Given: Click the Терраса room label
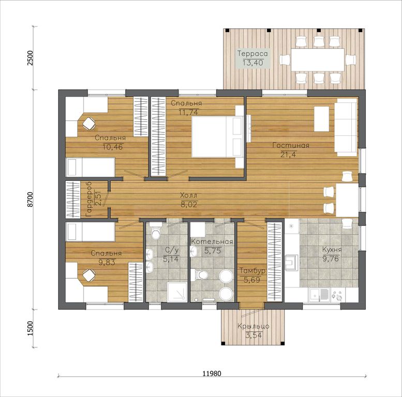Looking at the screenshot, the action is click(252, 54).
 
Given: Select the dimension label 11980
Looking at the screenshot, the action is click(212, 373).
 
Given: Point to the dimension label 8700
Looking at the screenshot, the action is click(30, 199).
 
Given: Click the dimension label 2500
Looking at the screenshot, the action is click(30, 58).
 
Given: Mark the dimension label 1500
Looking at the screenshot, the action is click(30, 329).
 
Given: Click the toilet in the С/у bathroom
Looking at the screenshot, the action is click(155, 231).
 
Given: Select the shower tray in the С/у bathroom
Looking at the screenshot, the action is click(177, 292).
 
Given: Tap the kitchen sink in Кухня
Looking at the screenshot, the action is click(319, 294).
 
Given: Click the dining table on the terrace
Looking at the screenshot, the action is click(317, 59).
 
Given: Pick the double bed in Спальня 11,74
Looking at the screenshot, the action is click(217, 136).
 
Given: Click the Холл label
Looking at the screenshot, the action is click(189, 196).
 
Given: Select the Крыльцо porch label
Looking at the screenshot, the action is click(254, 326).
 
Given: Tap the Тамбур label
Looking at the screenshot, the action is click(252, 271).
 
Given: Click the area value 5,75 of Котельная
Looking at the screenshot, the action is click(213, 251).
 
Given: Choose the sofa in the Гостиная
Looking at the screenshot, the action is click(346, 127).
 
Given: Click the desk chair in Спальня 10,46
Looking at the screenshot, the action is click(89, 124).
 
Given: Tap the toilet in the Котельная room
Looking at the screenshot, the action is click(199, 275).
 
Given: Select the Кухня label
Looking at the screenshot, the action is click(332, 250).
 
